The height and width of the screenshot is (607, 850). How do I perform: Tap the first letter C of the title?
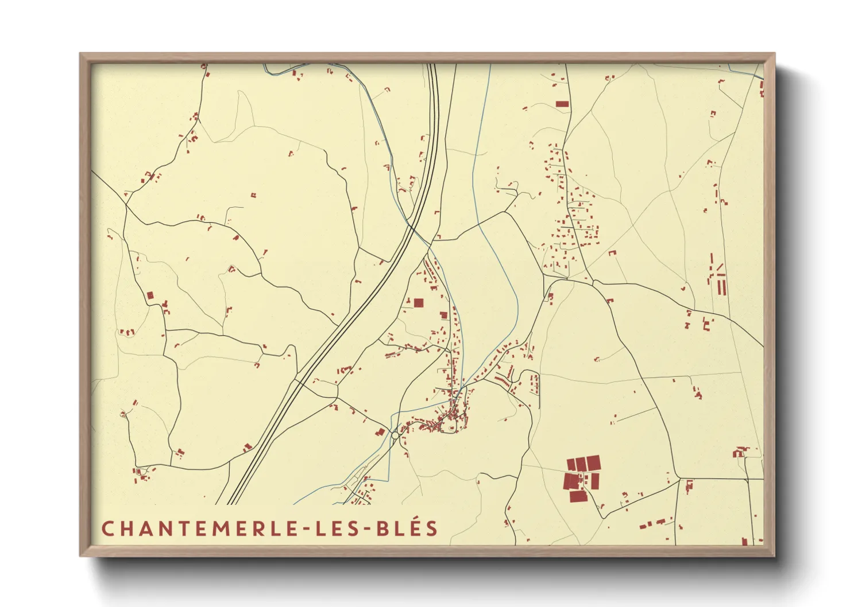pyautogui.click(x=107, y=528)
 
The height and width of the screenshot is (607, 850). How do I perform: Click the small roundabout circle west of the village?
pyautogui.click(x=395, y=435)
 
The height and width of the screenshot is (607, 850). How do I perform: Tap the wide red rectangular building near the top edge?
pyautogui.click(x=562, y=104)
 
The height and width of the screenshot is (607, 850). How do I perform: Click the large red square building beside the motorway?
pyautogui.click(x=419, y=303)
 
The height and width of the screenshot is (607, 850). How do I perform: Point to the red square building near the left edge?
pyautogui.click(x=150, y=295)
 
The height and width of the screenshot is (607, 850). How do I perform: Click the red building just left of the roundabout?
pyautogui.click(x=380, y=432)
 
